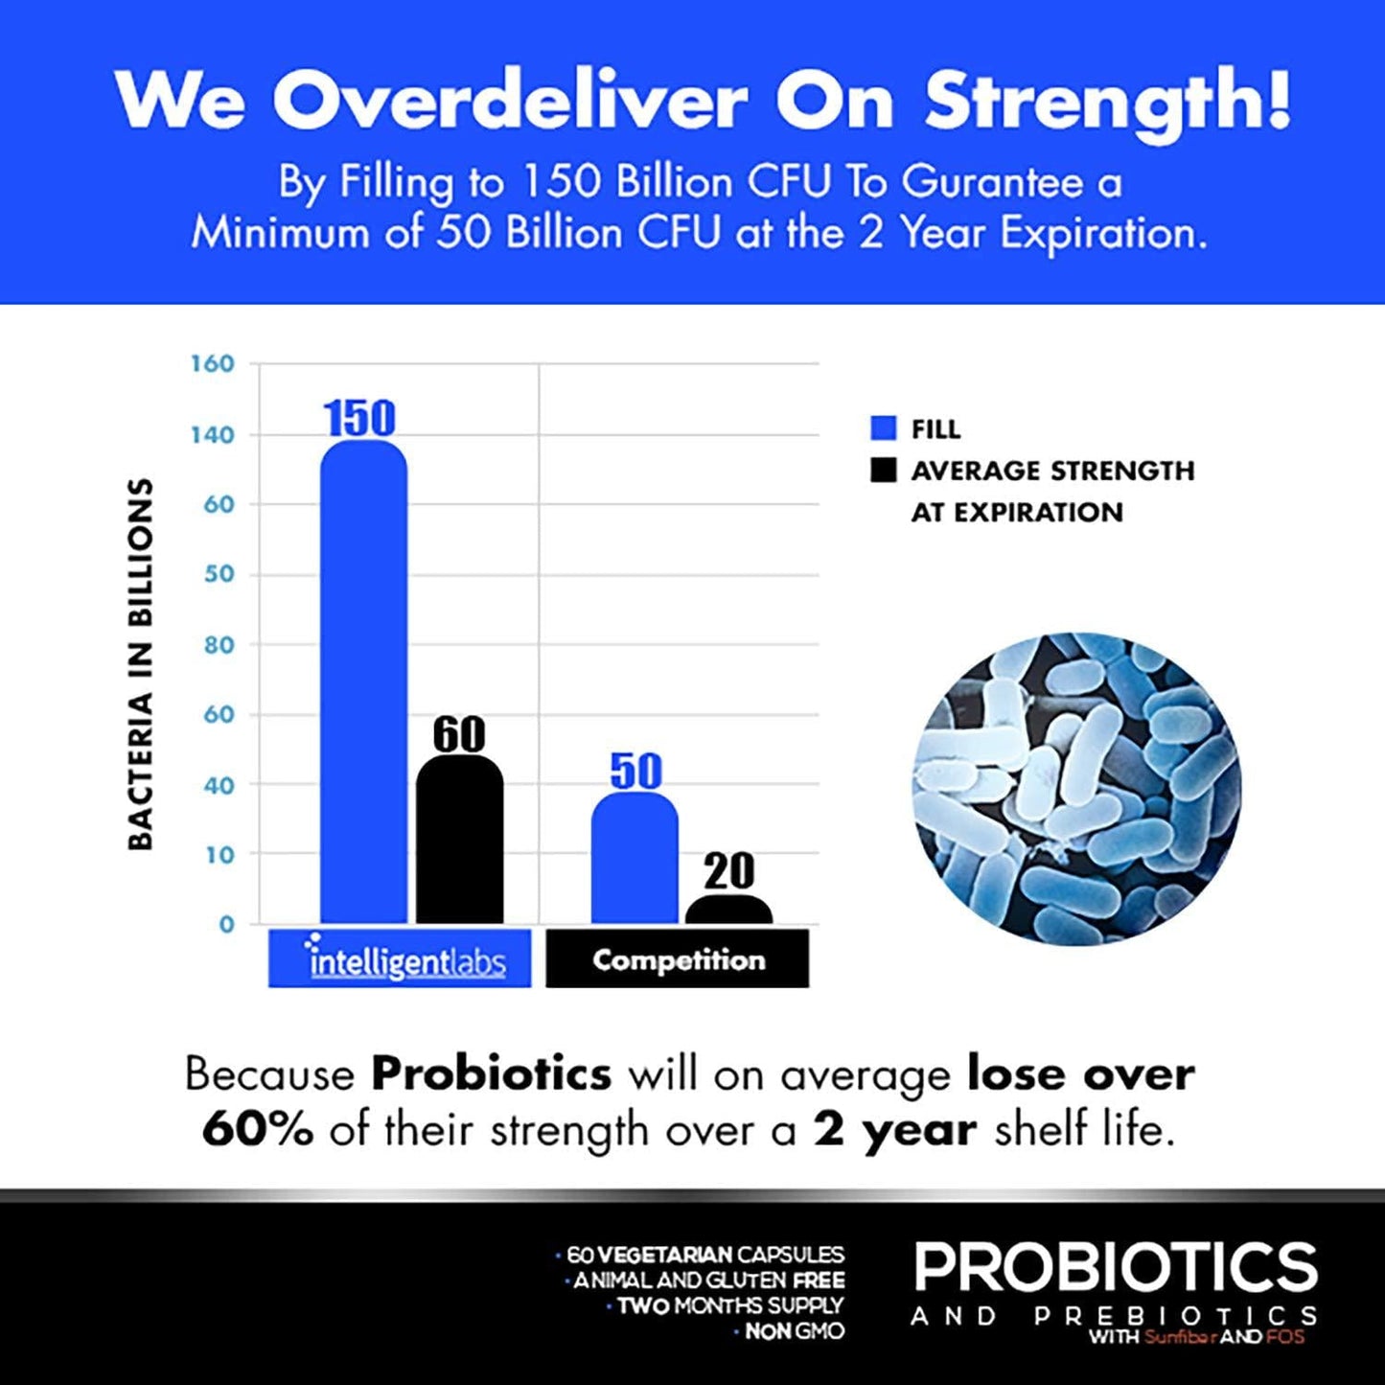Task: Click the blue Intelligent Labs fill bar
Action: click(x=363, y=681)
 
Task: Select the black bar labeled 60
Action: click(x=459, y=839)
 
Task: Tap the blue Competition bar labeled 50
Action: click(x=635, y=858)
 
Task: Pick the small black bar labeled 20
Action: click(x=728, y=910)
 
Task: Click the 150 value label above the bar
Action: click(x=359, y=418)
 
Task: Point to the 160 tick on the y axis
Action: click(x=212, y=364)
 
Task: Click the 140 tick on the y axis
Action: click(x=212, y=435)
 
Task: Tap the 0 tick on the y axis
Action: click(x=226, y=925)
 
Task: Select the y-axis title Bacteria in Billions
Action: click(x=141, y=663)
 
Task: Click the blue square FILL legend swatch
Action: click(x=883, y=428)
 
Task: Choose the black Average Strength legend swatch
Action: click(x=883, y=470)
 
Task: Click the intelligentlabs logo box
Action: click(x=400, y=958)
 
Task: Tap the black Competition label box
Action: click(x=678, y=958)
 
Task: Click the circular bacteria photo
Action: click(x=1076, y=788)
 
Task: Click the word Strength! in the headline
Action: click(x=1107, y=100)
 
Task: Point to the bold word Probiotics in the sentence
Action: click(x=491, y=1073)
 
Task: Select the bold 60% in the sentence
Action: click(x=257, y=1130)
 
